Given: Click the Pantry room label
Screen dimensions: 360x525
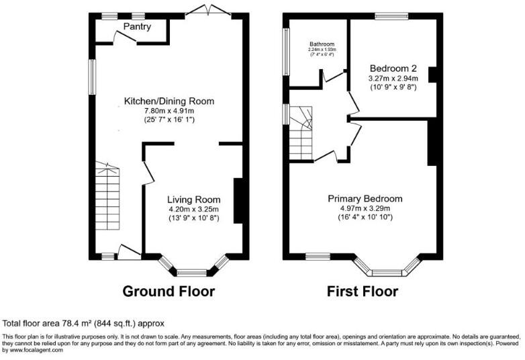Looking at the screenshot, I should coord(137,27).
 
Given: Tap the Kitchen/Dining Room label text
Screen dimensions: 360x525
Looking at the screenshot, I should coord(169,101).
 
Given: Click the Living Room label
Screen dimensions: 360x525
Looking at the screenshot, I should coord(193,199).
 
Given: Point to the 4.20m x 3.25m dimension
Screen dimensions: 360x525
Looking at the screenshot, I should coord(193,209).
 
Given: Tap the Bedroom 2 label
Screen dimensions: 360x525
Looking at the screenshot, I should coord(393,68).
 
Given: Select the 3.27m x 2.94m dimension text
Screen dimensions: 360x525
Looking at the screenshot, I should coord(393,78).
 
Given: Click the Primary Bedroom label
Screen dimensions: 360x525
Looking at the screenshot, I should coord(365,198).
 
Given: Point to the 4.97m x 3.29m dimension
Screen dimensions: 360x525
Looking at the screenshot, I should coord(365,208).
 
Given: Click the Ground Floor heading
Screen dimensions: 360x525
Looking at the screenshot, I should coord(169,291).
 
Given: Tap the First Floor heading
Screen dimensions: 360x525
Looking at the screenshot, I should coord(362,291).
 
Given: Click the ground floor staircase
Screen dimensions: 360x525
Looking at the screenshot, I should coord(107,201).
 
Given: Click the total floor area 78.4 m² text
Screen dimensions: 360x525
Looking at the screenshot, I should coord(84,323).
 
